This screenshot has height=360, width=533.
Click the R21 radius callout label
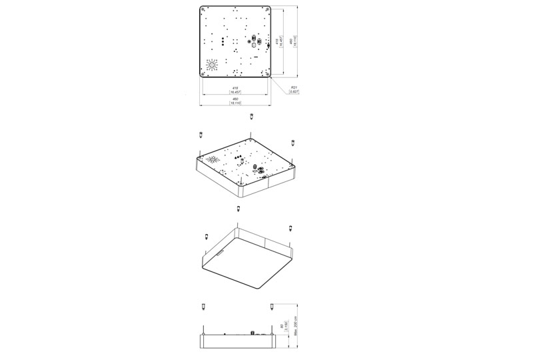click(x=294, y=89)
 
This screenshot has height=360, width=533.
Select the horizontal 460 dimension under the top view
click(x=235, y=101)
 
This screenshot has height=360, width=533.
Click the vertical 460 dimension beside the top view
click(x=293, y=42)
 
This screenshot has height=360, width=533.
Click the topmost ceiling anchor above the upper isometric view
click(x=251, y=116)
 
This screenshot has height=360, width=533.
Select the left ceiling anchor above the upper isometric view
click(x=201, y=135)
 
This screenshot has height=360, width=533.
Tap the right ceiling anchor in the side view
click(x=271, y=307)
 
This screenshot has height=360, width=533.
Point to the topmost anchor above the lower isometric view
click(x=238, y=209)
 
